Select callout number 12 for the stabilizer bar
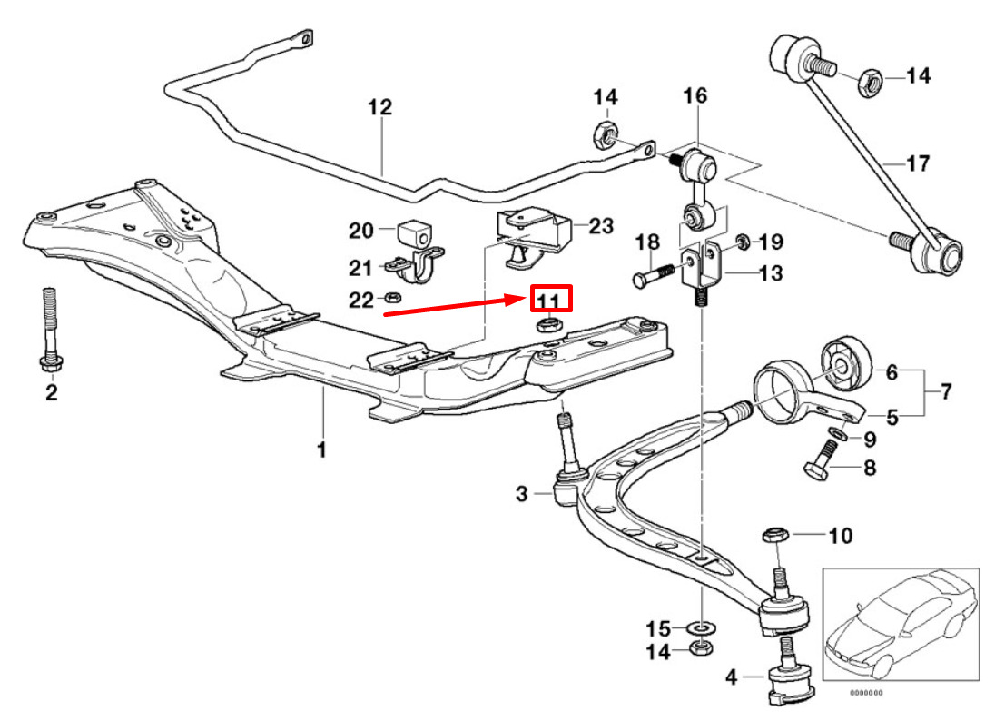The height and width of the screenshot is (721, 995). [x=379, y=107]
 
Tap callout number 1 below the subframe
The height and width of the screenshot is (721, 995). [x=320, y=449]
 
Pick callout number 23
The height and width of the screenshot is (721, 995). [x=601, y=226]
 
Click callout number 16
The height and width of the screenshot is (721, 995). [x=695, y=94]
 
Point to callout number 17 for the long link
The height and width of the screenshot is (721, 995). [x=918, y=164]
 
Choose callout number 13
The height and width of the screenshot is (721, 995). [x=770, y=273]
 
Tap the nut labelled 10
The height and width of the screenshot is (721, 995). [x=771, y=534]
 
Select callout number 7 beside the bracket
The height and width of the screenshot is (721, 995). [x=945, y=393]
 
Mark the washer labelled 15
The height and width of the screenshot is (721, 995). [x=702, y=627]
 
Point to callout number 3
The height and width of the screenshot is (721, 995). [x=521, y=494]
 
